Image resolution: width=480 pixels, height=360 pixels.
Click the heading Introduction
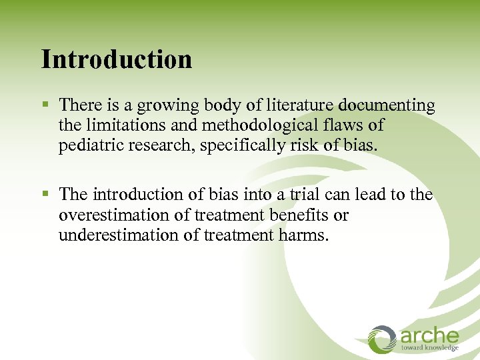pyautogui.click(x=117, y=59)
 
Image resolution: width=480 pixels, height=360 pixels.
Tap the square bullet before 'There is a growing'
pyautogui.click(x=45, y=105)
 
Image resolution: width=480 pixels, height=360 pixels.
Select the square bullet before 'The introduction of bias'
pyautogui.click(x=45, y=195)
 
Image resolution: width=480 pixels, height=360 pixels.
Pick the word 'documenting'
pyautogui.click(x=387, y=106)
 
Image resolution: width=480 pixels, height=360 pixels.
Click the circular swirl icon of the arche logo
pyautogui.click(x=383, y=339)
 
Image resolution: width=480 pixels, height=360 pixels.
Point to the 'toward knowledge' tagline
pyautogui.click(x=429, y=348)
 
